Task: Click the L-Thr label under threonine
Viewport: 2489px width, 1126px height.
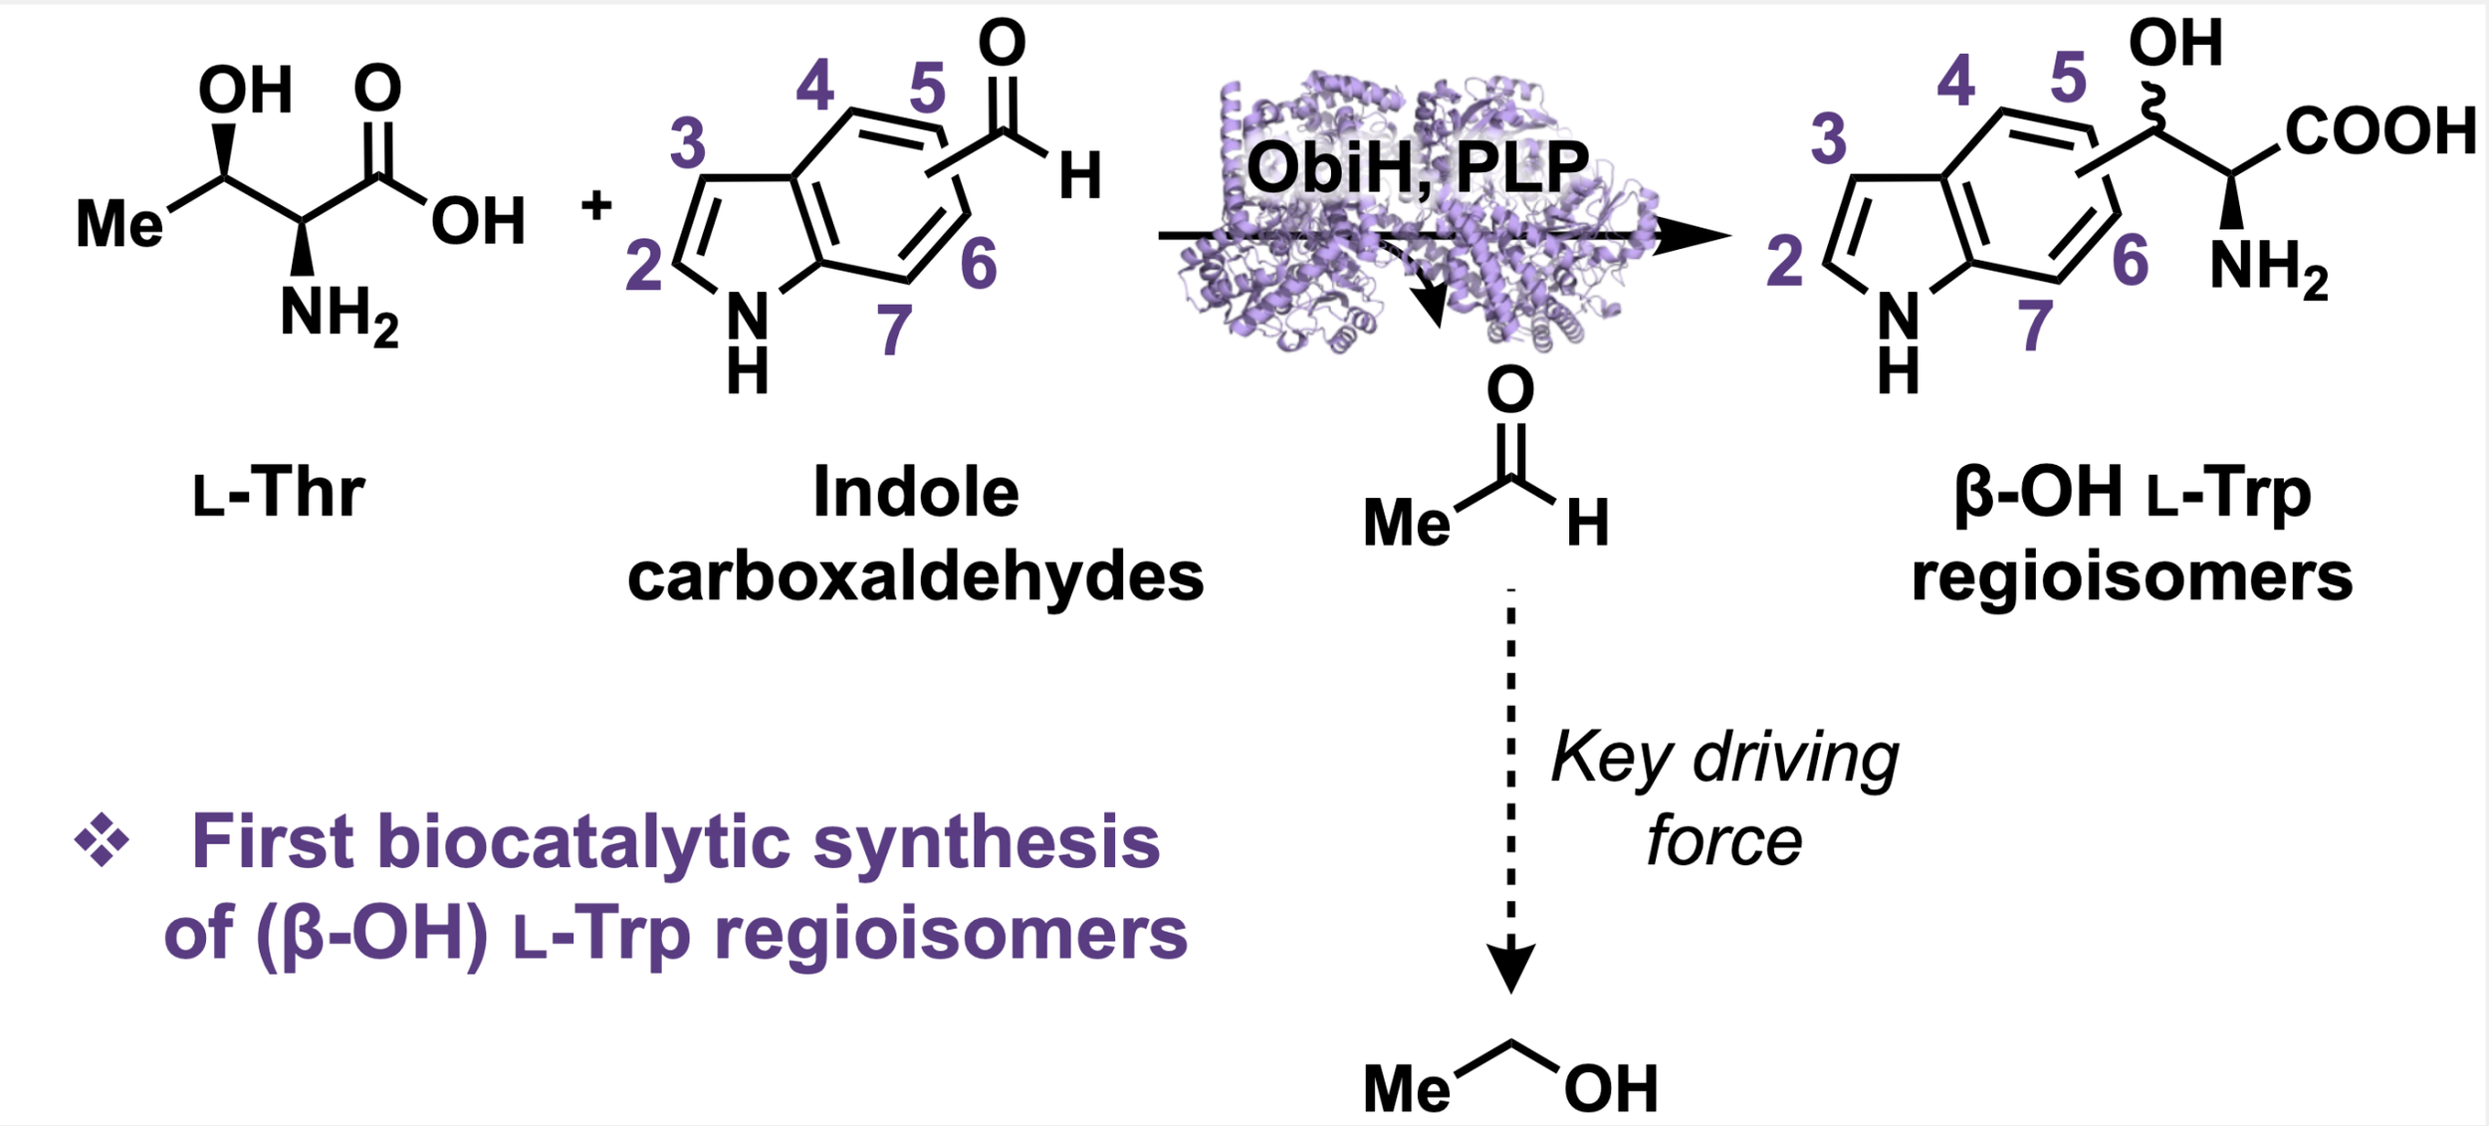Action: (x=279, y=493)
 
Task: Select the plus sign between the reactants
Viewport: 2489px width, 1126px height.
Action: (x=596, y=205)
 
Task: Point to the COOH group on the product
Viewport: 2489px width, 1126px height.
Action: (x=2380, y=130)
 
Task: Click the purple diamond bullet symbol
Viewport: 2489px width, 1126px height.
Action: (x=102, y=840)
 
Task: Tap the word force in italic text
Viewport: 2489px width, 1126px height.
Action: (x=1723, y=841)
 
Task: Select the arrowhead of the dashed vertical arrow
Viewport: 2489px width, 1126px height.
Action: (x=1511, y=967)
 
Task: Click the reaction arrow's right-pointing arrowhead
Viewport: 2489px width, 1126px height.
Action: (x=1692, y=235)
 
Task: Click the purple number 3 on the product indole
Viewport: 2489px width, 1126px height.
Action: (x=1829, y=138)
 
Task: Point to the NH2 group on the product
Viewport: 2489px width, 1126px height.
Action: (x=2269, y=270)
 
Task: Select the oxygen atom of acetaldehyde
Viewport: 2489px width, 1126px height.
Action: (x=1510, y=389)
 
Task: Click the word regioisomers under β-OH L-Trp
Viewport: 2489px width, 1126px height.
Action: (x=2132, y=578)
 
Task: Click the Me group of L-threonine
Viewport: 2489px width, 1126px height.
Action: (x=119, y=223)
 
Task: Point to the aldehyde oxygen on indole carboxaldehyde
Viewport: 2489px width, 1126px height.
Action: (x=1002, y=43)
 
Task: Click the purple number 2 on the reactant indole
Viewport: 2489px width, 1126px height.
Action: (x=643, y=266)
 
